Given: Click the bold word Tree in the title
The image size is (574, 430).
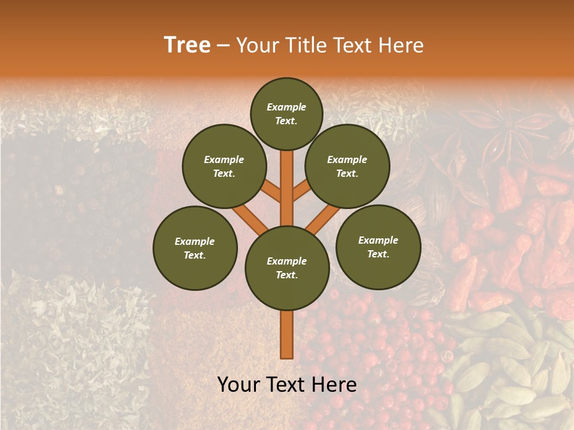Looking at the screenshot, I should tap(187, 45).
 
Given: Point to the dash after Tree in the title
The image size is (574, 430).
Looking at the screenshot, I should tap(223, 46).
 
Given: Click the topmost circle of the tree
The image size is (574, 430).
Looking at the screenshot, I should tap(286, 113).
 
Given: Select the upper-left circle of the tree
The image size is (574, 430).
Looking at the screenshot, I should tap(224, 166).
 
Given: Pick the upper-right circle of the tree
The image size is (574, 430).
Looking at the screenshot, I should tap(347, 166).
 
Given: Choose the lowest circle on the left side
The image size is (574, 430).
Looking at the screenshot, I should tap(195, 248).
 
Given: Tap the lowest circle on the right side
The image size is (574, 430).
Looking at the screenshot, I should tap(378, 247).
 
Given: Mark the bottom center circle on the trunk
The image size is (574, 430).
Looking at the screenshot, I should tap(287, 268).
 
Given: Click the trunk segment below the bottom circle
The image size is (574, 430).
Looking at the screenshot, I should tap(287, 334).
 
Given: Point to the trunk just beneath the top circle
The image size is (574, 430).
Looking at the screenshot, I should tap(287, 179).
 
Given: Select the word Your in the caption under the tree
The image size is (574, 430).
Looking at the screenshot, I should tap(239, 385).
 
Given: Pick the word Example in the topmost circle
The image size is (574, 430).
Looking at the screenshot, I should tap(286, 107).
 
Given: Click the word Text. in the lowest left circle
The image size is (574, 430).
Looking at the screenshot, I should tap(195, 255).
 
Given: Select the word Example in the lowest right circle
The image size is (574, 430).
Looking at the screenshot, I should tap(378, 240).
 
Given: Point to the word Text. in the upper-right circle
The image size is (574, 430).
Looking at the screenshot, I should tap(347, 173).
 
